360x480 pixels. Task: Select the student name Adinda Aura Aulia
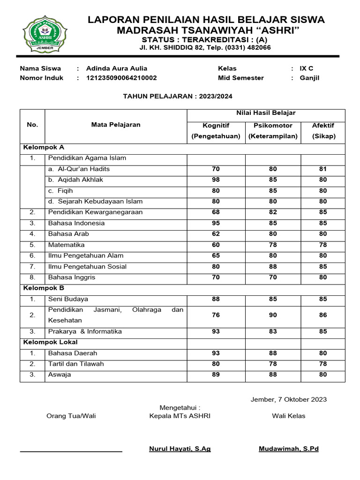point(117,68)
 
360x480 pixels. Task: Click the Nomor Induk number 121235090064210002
point(121,78)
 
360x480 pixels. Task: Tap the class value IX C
point(307,68)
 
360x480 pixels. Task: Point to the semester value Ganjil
point(309,78)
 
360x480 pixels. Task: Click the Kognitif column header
point(216,126)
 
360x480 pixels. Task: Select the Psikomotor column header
point(273,126)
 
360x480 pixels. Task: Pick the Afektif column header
point(322,126)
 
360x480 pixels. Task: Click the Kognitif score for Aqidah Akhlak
point(216,180)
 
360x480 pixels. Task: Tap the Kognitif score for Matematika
point(216,245)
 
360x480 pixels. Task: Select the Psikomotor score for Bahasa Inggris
point(273,277)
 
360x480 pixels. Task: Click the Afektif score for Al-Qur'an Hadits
point(322,169)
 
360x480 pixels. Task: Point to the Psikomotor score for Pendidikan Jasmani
point(273,315)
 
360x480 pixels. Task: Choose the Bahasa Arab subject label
point(68,234)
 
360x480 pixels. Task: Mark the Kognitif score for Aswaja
point(216,375)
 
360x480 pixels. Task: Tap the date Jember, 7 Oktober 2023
point(289,400)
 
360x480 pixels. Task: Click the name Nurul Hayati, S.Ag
point(180,449)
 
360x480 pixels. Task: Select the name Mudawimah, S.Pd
point(288,449)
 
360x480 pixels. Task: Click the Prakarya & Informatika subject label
point(85,332)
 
